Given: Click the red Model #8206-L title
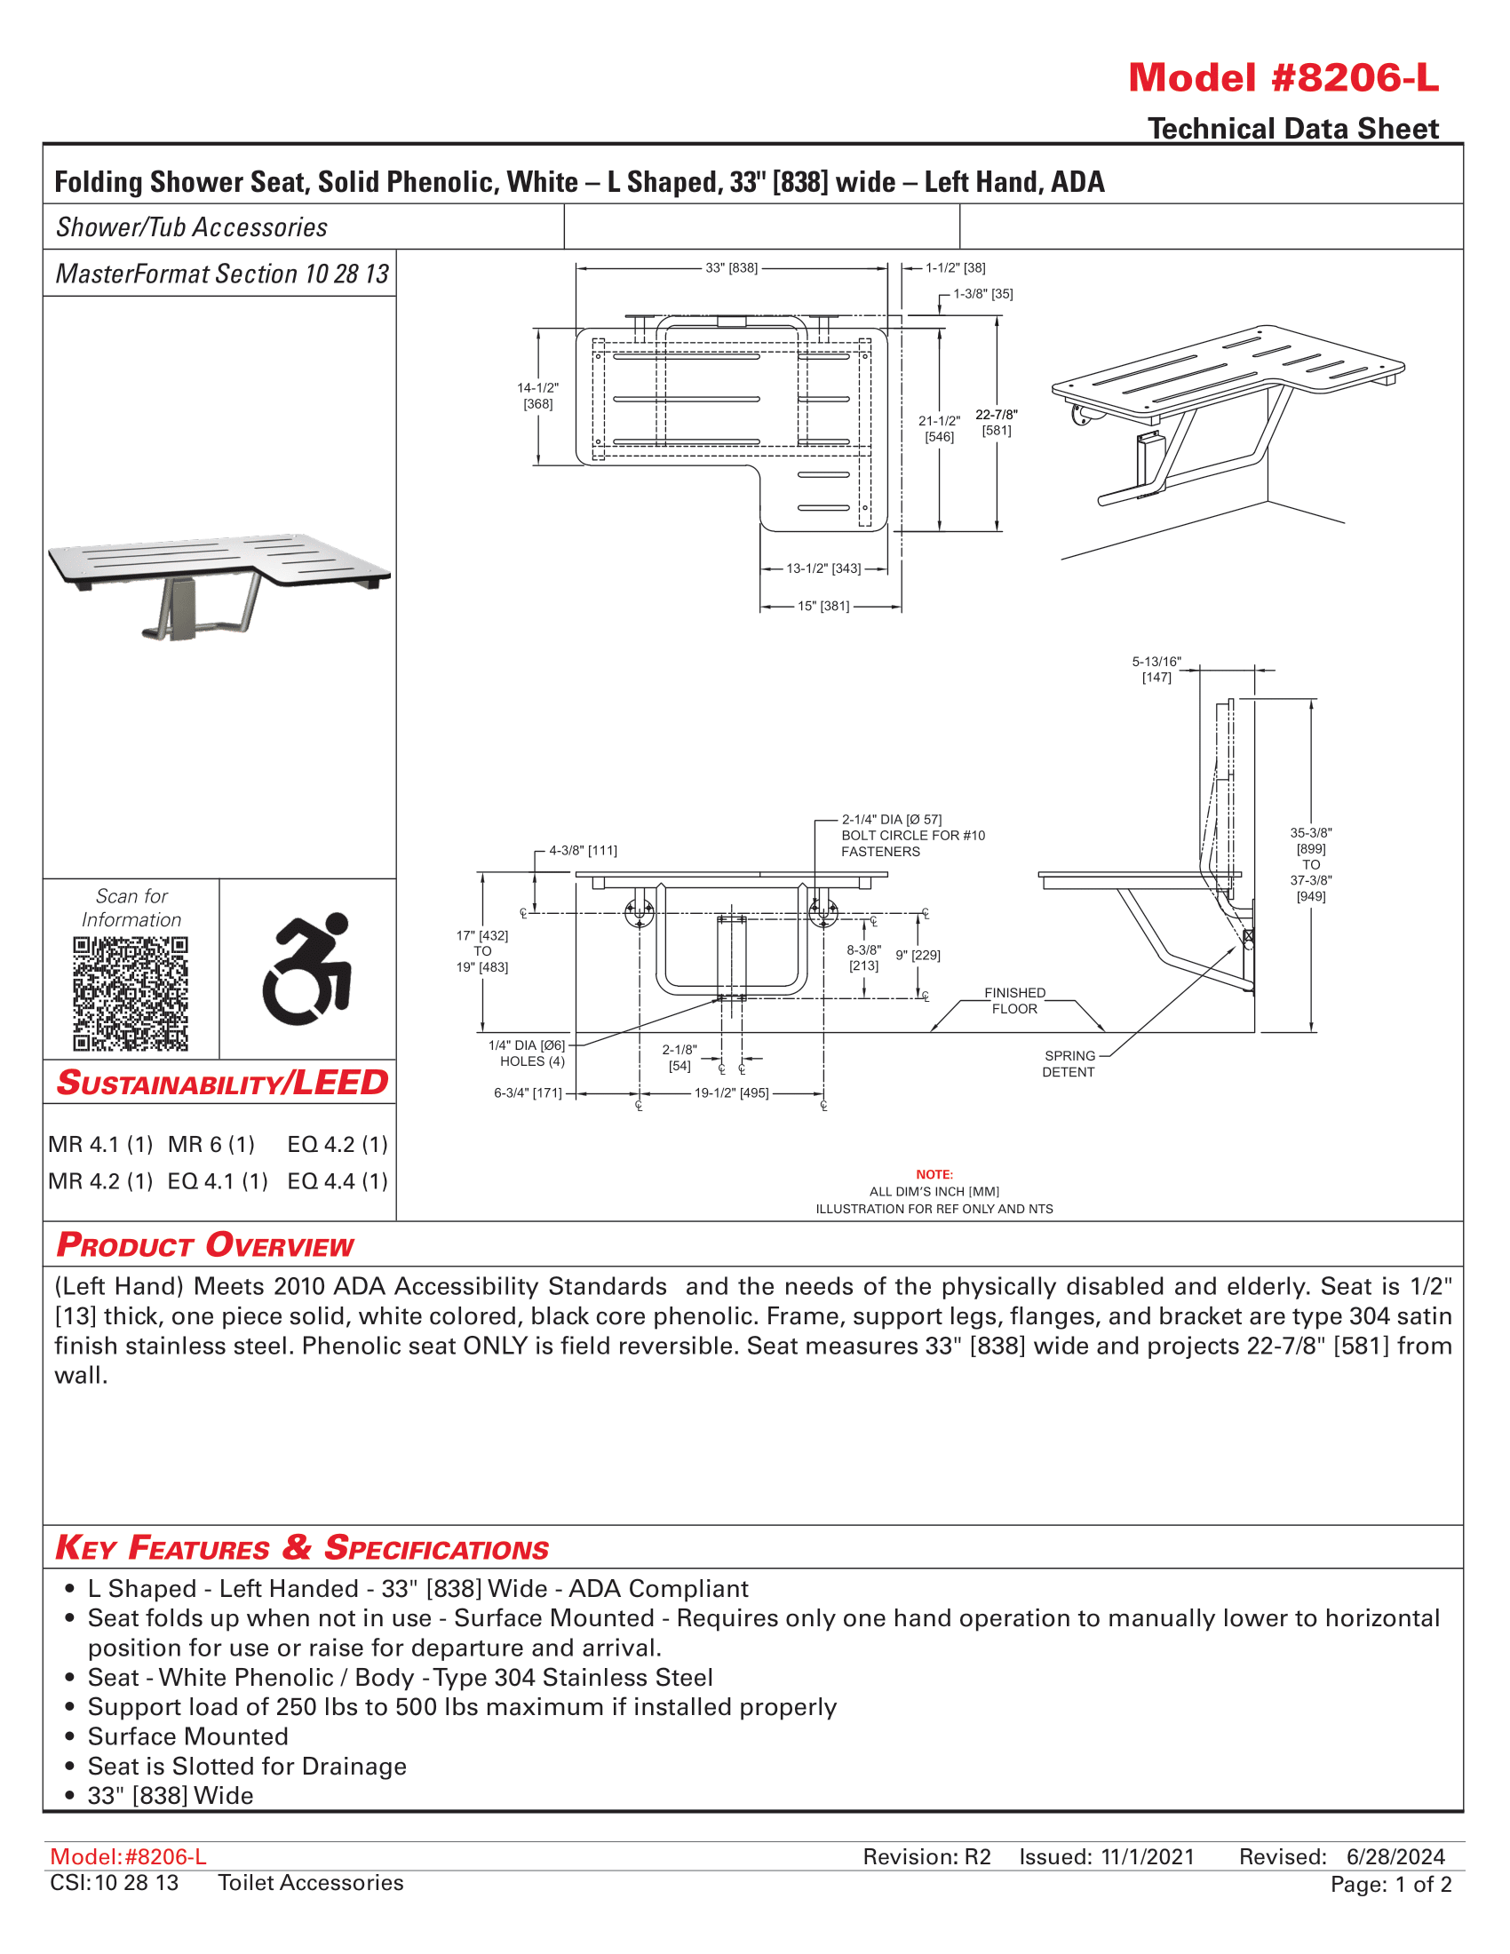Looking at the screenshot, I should pos(1283,79).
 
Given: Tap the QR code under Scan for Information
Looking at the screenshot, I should pos(131,993).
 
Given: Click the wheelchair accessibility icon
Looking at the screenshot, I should pos(306,968).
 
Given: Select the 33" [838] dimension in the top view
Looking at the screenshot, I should pos(731,267).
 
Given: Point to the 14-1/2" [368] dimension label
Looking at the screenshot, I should pos(537,395).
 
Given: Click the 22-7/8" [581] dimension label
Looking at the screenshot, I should pos(996,422).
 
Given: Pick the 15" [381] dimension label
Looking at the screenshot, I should pos(823,606).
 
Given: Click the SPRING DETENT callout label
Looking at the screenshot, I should pos(1068,1064).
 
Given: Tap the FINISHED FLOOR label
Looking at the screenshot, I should pos(1014,1000).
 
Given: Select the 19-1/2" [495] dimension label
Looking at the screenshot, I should pos(731,1092).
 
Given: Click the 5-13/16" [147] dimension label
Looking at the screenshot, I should pos(1156,669).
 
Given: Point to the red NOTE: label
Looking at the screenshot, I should pos(934,1174).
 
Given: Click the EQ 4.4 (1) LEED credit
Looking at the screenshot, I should pos(338,1181).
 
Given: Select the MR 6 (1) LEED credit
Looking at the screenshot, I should pos(211,1144).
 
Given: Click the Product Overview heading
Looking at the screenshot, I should pos(205,1244).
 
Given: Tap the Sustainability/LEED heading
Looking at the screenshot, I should pos(221,1083).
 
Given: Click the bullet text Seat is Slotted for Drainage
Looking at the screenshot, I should pos(247,1766).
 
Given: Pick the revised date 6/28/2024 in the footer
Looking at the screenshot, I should pos(1395,1856).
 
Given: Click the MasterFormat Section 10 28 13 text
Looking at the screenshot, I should pos(222,274).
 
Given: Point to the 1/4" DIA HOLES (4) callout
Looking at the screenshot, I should pos(528,1053).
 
